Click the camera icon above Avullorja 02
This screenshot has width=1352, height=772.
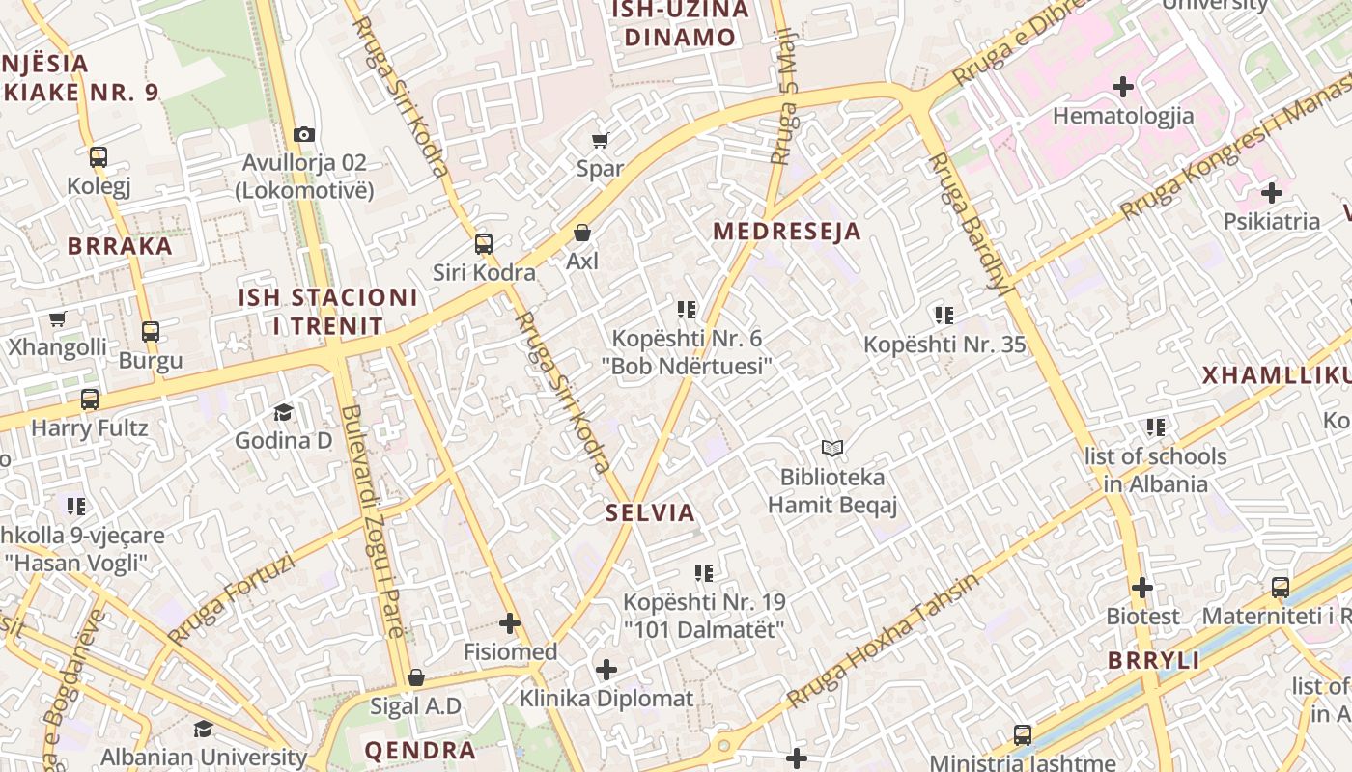click(x=304, y=134)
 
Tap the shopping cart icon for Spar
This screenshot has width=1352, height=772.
click(x=600, y=140)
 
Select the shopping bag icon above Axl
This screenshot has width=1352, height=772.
click(x=582, y=233)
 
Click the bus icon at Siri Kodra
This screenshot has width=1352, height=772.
click(x=484, y=244)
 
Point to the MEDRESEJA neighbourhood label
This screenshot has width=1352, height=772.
click(x=787, y=232)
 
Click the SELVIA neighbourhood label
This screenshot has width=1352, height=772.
click(x=650, y=512)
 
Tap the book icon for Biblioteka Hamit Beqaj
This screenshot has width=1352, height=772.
click(x=832, y=448)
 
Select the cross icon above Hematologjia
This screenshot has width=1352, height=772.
click(x=1122, y=87)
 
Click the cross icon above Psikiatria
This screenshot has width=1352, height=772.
click(x=1271, y=192)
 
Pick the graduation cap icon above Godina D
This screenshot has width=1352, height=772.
click(x=283, y=412)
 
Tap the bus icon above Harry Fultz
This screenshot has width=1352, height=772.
click(x=90, y=399)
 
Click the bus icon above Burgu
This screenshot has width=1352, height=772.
click(x=151, y=332)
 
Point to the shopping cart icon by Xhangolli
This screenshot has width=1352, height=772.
click(x=57, y=319)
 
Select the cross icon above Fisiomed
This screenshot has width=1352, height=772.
click(x=510, y=623)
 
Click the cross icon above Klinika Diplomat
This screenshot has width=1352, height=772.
click(x=606, y=670)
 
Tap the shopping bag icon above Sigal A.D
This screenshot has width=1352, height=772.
click(x=416, y=677)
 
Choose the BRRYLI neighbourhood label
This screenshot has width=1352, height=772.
click(x=1153, y=661)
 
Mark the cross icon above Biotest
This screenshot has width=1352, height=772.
click(x=1142, y=588)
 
